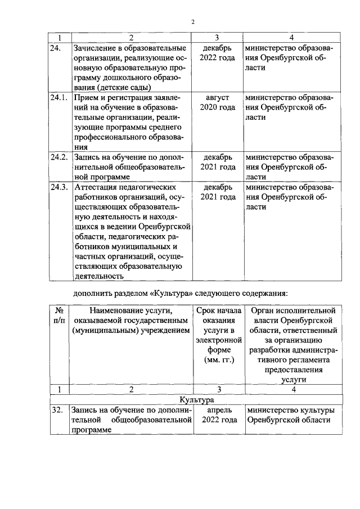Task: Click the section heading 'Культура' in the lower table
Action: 196,399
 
